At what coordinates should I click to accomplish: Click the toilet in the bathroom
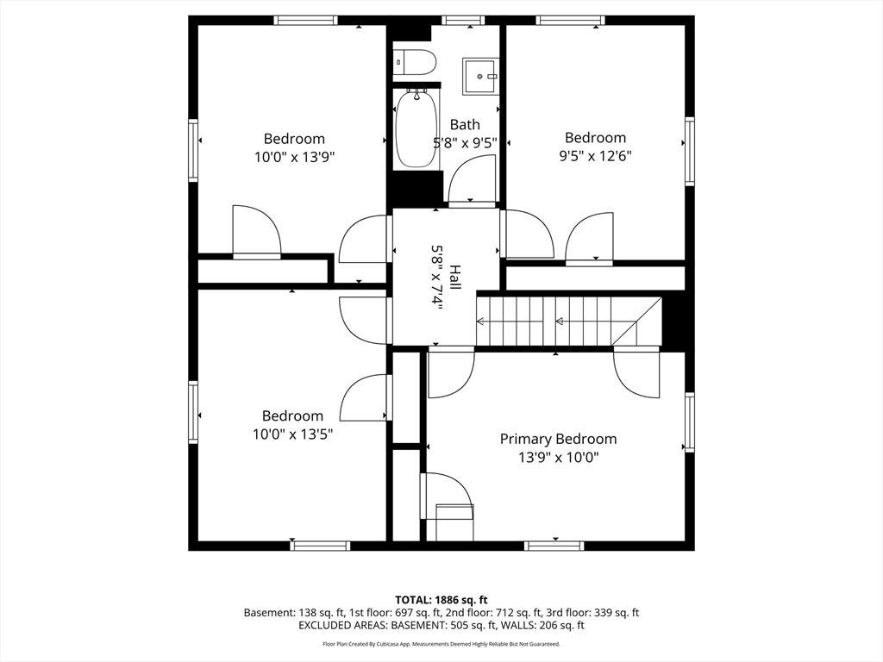[x=415, y=61]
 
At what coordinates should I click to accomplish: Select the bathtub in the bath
[x=417, y=129]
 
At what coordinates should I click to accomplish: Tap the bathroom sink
[x=480, y=76]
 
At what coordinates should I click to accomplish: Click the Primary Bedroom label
[x=558, y=439]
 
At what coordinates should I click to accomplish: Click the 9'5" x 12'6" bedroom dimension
[x=595, y=156]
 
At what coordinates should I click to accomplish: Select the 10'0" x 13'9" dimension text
[x=295, y=157]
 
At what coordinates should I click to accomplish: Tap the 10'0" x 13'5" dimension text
[x=293, y=434]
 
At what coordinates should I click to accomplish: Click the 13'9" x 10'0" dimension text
[x=558, y=458]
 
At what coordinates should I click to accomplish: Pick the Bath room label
[x=465, y=124]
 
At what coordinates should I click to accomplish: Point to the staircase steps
[x=569, y=321]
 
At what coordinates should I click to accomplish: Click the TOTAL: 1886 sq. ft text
[x=441, y=600]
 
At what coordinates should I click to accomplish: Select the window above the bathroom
[x=463, y=21]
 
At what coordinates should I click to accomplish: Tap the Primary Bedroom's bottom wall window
[x=554, y=546]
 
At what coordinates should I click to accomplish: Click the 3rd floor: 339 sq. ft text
[x=592, y=613]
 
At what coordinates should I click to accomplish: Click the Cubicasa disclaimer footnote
[x=441, y=644]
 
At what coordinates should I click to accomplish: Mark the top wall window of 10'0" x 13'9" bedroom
[x=306, y=21]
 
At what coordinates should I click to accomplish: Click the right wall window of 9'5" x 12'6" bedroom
[x=689, y=151]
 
